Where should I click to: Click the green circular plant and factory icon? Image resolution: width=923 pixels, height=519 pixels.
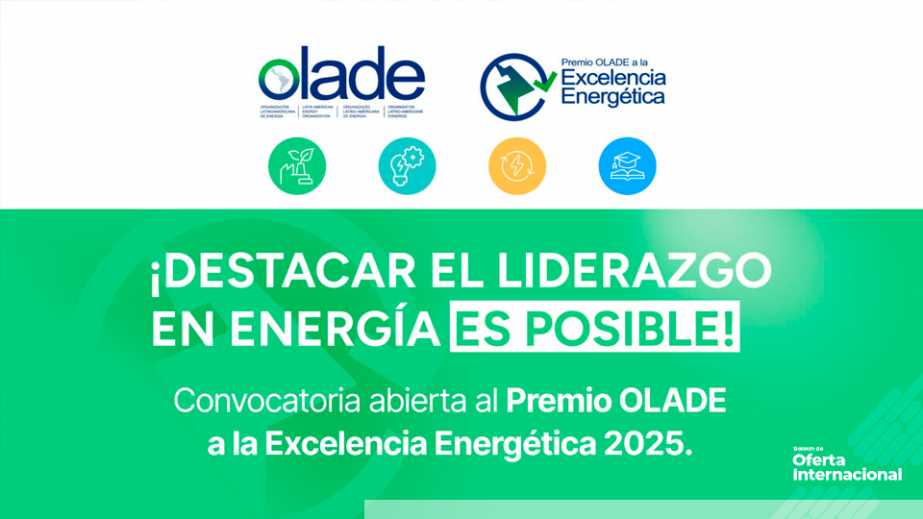(x=297, y=165)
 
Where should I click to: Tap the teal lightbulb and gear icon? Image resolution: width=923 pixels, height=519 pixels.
(x=407, y=165)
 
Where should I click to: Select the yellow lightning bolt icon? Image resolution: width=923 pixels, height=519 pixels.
(x=517, y=165)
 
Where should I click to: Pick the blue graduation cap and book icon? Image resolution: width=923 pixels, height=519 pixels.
(x=627, y=165)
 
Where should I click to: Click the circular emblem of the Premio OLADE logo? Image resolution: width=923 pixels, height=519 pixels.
(x=513, y=83)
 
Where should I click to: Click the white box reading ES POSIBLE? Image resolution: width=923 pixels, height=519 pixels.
(x=595, y=330)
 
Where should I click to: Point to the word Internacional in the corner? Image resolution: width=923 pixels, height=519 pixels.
(x=847, y=475)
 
